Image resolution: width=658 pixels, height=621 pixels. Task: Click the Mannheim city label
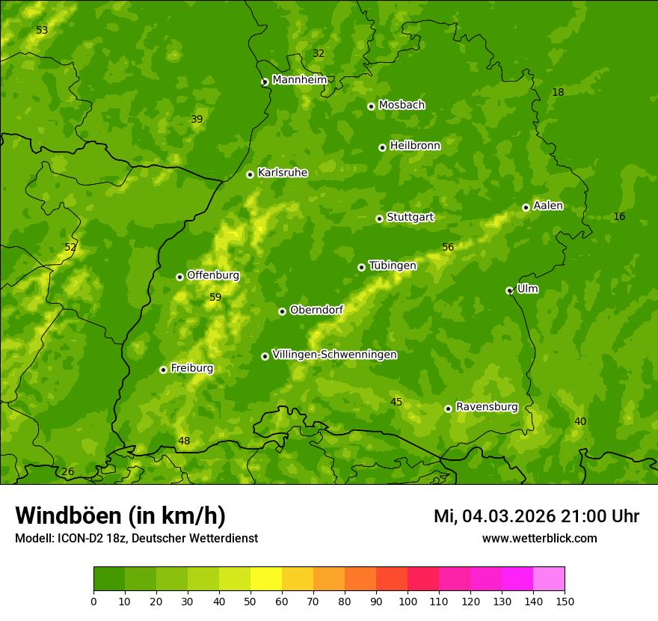(300, 80)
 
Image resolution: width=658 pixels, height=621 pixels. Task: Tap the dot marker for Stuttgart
(379, 218)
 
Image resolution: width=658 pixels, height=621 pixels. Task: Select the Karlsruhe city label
(282, 173)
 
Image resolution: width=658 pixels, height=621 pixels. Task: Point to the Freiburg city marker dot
(163, 370)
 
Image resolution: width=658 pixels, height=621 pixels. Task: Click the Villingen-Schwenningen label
(334, 355)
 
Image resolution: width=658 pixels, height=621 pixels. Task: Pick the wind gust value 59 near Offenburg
(215, 298)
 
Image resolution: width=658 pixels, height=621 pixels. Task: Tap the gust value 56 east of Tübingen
(448, 248)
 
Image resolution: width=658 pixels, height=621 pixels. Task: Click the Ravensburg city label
(486, 407)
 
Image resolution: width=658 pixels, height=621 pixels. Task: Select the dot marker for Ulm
(509, 290)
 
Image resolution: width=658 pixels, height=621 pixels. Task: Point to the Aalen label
(548, 206)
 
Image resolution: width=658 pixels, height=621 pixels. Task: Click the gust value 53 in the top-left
(42, 31)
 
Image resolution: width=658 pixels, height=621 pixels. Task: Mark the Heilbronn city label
(415, 146)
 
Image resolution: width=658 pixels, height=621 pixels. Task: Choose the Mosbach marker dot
(371, 106)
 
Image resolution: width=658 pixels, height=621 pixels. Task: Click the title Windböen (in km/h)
(120, 516)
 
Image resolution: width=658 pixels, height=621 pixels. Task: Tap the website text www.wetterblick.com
(539, 538)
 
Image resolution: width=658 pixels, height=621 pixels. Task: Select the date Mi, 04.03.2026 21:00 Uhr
(536, 516)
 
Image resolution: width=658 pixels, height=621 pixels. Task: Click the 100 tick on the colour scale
(408, 601)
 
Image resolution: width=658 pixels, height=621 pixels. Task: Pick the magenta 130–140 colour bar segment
(517, 579)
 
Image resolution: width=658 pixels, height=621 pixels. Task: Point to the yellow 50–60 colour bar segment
(266, 579)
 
